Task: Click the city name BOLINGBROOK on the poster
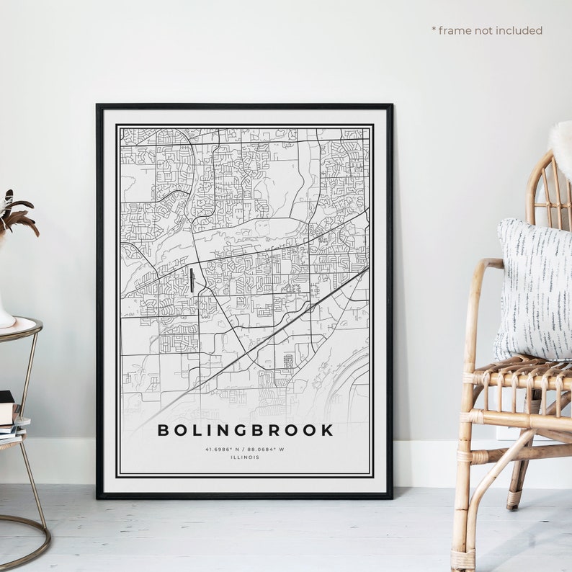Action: pos(245,430)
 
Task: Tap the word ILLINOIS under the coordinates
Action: pos(245,457)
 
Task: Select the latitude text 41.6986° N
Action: pos(221,449)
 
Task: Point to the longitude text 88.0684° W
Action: pos(268,449)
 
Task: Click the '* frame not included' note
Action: pos(486,30)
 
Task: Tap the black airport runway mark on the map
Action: pos(192,280)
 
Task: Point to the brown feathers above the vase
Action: pos(16,213)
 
